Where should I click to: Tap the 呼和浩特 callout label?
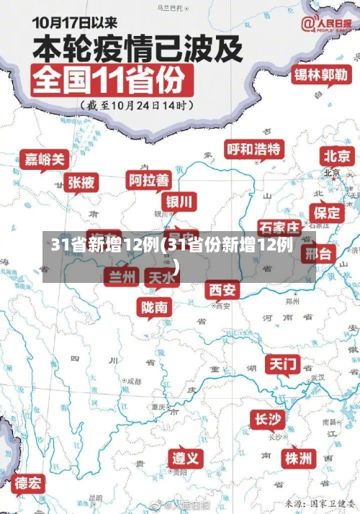click(x=255, y=149)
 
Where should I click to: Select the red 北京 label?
click(x=338, y=155)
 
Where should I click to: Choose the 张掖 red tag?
click(x=81, y=183)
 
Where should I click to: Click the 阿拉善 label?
click(x=149, y=179)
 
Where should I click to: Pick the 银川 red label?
click(x=180, y=200)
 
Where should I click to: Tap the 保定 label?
click(x=327, y=212)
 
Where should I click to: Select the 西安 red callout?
click(x=222, y=290)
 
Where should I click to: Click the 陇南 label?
click(x=156, y=307)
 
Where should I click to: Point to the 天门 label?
click(x=284, y=364)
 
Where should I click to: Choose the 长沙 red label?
click(x=267, y=419)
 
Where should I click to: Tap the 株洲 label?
click(x=298, y=458)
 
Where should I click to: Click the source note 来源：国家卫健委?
click(x=319, y=503)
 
